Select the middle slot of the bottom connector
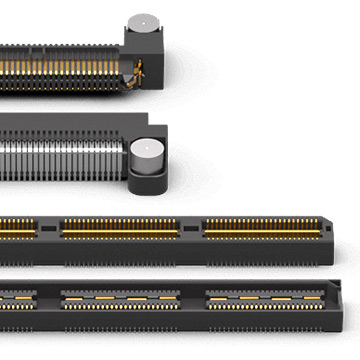121,299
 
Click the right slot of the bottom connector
265,298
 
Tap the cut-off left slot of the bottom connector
16,298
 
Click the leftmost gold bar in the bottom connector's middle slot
76,299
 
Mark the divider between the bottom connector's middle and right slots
194,299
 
